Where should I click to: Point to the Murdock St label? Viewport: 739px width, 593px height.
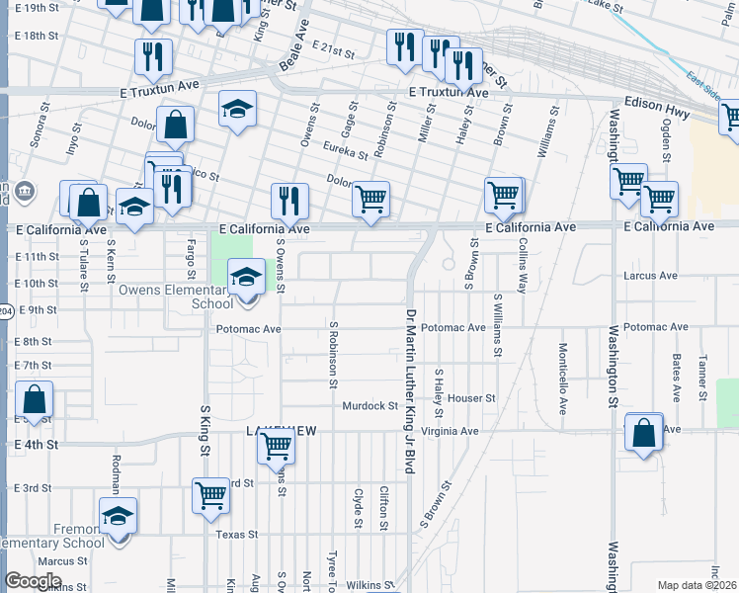369,405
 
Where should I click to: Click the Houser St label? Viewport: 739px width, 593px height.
470,398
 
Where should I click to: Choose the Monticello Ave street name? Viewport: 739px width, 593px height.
562,379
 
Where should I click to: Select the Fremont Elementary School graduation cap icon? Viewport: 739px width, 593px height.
119,516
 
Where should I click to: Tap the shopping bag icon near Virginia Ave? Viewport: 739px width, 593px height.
644,433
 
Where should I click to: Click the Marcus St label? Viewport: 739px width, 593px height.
56,561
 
